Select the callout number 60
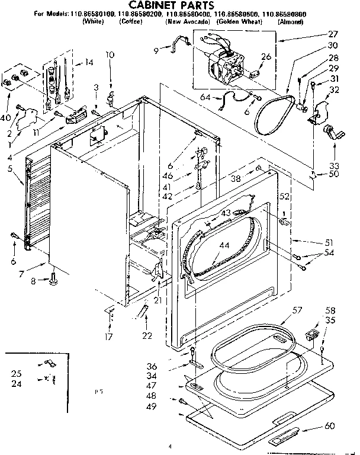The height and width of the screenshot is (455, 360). [330, 426]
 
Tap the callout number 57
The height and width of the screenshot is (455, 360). [297, 310]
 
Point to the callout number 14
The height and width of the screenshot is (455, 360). [89, 62]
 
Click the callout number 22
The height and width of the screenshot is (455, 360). [146, 337]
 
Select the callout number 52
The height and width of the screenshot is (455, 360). [284, 196]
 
